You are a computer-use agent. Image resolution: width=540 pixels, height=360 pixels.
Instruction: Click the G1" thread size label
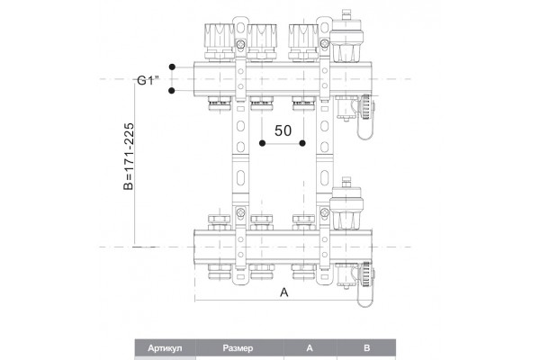[148, 80]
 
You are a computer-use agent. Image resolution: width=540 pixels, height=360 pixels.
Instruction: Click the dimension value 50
[283, 130]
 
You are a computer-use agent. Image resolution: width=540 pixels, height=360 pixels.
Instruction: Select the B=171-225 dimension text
[129, 156]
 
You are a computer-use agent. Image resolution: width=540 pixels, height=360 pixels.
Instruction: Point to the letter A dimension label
[283, 292]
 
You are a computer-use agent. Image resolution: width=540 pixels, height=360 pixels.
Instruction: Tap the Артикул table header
[165, 348]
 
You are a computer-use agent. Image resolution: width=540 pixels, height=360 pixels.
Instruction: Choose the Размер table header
[238, 348]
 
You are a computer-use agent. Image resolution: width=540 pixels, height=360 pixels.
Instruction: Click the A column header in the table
[310, 348]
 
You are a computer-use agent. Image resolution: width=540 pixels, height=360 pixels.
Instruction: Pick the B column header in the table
[367, 348]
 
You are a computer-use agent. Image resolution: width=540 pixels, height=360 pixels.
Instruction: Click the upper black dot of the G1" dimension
[172, 67]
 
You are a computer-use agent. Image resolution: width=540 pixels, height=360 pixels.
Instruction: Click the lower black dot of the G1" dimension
[172, 91]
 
